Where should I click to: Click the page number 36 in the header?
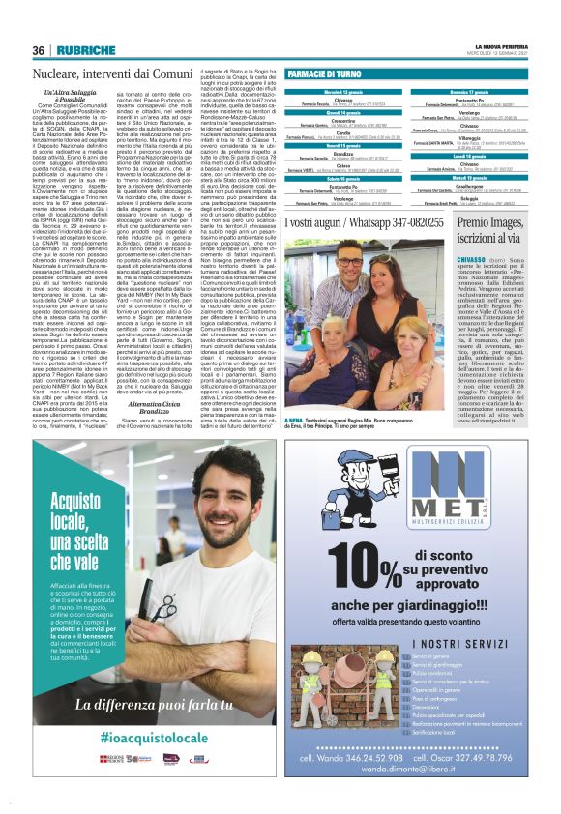39,50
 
